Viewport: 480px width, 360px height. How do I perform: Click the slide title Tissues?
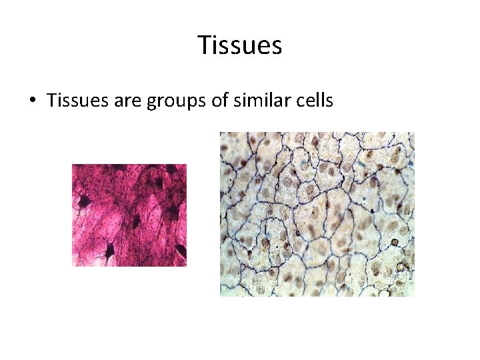(240, 45)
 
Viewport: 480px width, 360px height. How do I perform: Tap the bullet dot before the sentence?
(32, 101)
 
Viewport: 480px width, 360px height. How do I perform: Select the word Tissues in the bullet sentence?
(73, 101)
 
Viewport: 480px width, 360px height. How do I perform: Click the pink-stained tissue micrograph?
(129, 215)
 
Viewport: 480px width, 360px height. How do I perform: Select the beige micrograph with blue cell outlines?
(317, 213)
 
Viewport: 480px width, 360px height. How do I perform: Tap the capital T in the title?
(203, 45)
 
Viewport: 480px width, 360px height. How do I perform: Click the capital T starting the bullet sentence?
(51, 101)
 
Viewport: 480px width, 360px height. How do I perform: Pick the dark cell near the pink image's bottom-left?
(109, 251)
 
